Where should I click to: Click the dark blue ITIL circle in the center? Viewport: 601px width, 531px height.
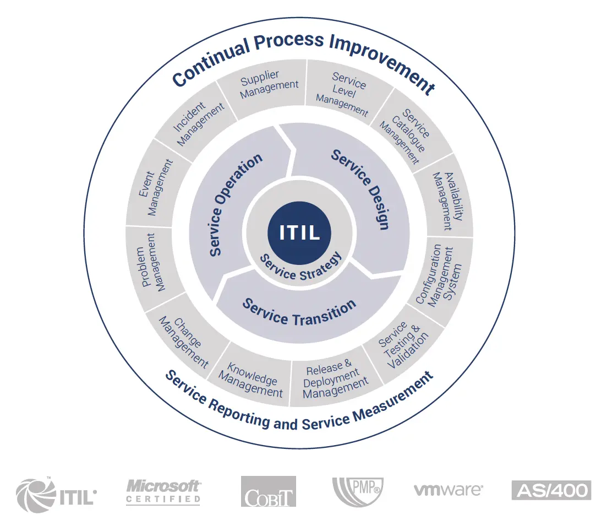299,232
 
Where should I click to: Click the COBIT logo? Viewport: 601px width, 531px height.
268,491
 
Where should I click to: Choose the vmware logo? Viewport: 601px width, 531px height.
448,490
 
